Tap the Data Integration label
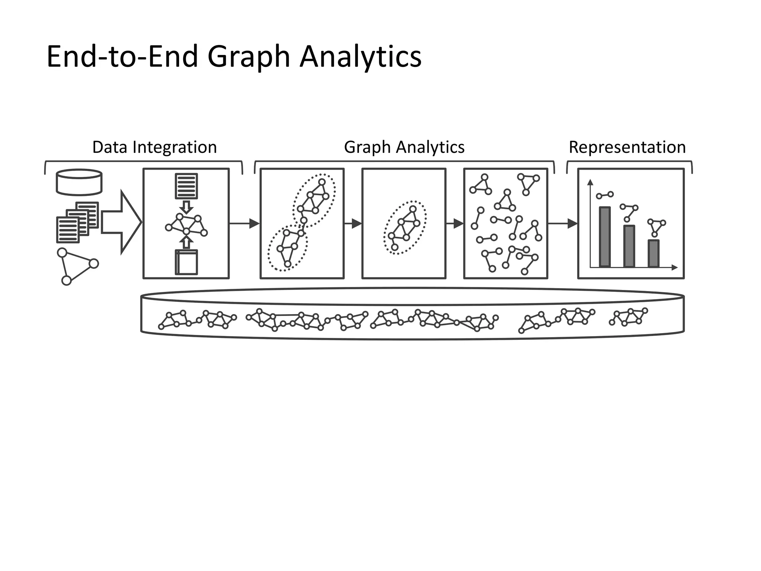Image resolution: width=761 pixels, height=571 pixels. pyautogui.click(x=154, y=147)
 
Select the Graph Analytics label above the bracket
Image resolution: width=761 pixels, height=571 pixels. pyautogui.click(x=404, y=147)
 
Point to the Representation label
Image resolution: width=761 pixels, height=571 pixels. pyautogui.click(x=627, y=147)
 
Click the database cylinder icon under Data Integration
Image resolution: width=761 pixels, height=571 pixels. pyautogui.click(x=79, y=182)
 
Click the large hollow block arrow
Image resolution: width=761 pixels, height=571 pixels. pyautogui.click(x=121, y=222)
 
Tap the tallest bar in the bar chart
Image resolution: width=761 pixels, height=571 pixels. pyautogui.click(x=605, y=237)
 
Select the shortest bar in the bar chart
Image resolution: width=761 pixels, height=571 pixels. pyautogui.click(x=653, y=253)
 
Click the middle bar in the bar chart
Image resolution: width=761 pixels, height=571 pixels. pyautogui.click(x=629, y=246)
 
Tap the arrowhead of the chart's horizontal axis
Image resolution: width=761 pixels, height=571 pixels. pyautogui.click(x=675, y=267)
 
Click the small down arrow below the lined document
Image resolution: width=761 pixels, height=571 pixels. pyautogui.click(x=186, y=207)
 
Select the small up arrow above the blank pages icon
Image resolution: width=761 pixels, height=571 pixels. pyautogui.click(x=186, y=242)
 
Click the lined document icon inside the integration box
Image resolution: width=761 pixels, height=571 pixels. pyautogui.click(x=186, y=186)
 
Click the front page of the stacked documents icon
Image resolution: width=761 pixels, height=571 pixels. pyautogui.click(x=68, y=230)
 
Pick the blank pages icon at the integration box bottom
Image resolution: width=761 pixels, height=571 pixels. pyautogui.click(x=186, y=262)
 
